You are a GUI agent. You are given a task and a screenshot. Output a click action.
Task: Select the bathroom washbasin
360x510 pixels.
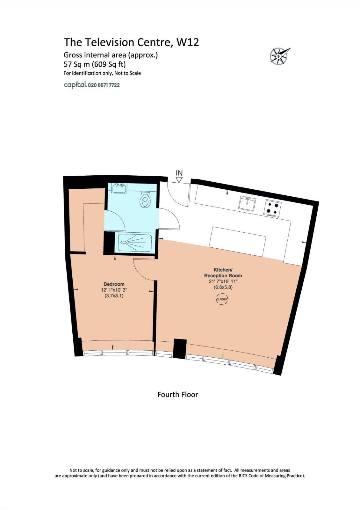click(119, 188)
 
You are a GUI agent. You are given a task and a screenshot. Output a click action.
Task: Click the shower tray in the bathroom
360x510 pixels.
click(135, 243)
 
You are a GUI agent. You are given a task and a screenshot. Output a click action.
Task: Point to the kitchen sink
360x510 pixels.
click(247, 204)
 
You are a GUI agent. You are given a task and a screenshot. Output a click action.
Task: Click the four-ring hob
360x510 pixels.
click(272, 208)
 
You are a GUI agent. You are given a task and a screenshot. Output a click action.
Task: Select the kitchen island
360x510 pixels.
click(237, 241)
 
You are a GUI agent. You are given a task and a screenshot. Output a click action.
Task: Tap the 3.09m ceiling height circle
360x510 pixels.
click(222, 299)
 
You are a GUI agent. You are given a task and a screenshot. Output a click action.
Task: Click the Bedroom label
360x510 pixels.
click(114, 284)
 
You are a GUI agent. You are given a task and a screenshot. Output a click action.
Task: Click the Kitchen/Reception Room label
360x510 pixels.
click(223, 273)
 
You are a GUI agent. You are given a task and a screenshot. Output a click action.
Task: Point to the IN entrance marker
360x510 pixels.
click(179, 173)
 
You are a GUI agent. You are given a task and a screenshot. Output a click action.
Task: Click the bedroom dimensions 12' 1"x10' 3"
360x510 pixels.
click(114, 290)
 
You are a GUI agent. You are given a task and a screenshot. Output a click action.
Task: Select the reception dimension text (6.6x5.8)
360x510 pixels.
click(223, 287)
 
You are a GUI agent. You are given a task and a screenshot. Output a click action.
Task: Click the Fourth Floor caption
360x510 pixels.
click(177, 394)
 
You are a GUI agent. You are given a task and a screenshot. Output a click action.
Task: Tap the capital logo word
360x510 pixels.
click(75, 85)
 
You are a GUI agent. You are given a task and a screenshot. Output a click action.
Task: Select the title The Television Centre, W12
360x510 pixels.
click(131, 42)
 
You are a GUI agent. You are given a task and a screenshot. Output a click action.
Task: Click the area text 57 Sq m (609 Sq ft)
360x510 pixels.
click(95, 64)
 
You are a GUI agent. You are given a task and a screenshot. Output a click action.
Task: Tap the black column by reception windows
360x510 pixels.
click(179, 349)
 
